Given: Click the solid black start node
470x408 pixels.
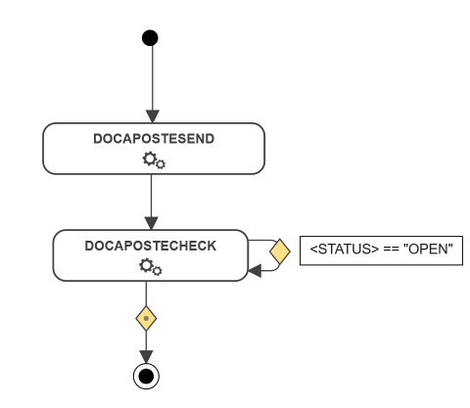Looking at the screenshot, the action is point(150,38).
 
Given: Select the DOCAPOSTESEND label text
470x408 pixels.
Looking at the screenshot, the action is point(154,139).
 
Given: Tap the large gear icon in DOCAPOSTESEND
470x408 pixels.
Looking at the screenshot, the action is point(150,159).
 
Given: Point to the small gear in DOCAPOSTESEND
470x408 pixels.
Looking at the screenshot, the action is point(161,164).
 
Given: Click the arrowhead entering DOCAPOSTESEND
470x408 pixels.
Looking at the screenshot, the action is point(153,116).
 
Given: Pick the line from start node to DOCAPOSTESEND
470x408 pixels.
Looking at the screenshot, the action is point(153,78).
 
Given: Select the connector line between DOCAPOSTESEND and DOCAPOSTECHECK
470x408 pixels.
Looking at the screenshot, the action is point(151,196).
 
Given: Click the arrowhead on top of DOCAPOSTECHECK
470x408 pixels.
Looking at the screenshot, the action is point(151,223).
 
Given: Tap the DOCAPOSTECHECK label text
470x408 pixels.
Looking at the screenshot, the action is point(151,246).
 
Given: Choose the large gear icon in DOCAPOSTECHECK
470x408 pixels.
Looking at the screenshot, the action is point(146,265).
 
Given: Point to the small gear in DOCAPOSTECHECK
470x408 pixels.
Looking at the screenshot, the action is point(157,271).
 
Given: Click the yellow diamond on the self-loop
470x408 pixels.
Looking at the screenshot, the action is point(280,251).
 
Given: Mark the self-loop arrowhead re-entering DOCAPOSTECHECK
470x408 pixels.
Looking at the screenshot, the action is point(255,271).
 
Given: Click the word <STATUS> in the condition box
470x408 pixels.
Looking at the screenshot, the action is point(345,249).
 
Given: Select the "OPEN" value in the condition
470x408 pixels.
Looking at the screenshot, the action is point(428,249).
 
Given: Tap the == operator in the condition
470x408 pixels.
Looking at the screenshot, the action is point(391,249).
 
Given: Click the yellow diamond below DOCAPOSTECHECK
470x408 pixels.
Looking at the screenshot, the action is point(146,318).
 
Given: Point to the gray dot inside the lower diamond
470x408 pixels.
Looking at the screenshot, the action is point(146,318).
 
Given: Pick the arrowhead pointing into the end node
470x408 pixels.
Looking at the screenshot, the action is point(146,357).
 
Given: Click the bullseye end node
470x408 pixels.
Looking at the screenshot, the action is point(146,376).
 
